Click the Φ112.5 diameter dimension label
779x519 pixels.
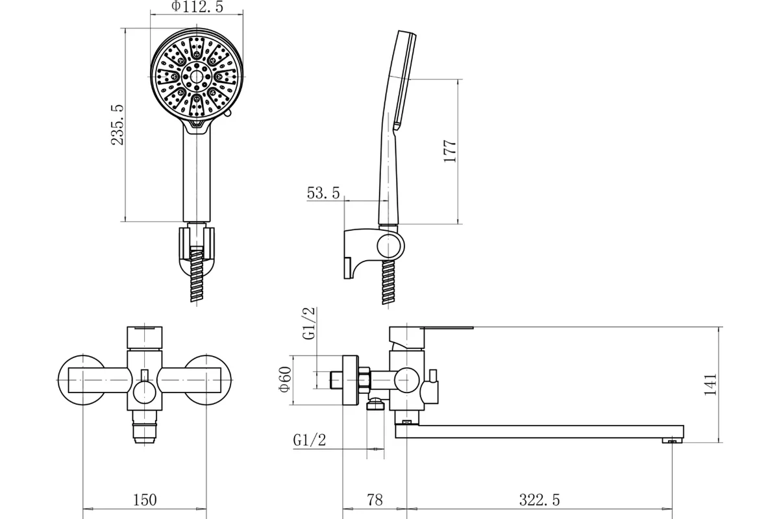(x=197, y=6)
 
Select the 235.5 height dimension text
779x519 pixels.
(x=117, y=125)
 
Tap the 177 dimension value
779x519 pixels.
(x=450, y=151)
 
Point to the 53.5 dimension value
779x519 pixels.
(x=323, y=193)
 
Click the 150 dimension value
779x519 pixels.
(x=145, y=500)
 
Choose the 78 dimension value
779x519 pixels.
(x=375, y=500)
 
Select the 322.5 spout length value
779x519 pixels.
(x=539, y=500)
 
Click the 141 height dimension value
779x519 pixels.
(x=710, y=385)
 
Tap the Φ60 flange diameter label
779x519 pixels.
(x=285, y=380)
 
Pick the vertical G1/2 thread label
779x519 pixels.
(x=309, y=323)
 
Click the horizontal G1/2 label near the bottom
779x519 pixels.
(x=310, y=440)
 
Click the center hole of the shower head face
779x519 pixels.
(x=197, y=77)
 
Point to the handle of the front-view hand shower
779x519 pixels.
(x=197, y=174)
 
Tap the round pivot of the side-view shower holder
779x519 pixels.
(x=390, y=246)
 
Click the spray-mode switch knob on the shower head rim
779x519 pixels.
(x=228, y=114)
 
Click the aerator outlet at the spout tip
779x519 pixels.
(x=672, y=441)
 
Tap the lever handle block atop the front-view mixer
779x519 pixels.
(x=145, y=337)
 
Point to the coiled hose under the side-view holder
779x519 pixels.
(x=388, y=282)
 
